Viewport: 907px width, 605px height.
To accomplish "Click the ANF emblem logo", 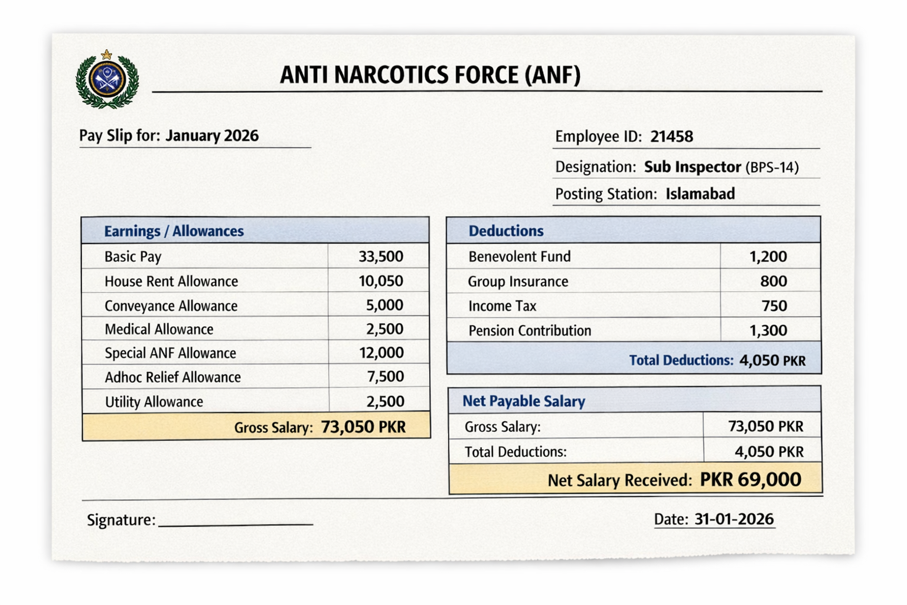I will tap(107, 80).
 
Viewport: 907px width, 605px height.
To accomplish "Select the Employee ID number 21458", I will tap(671, 136).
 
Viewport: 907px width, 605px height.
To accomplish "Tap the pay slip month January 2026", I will tap(211, 135).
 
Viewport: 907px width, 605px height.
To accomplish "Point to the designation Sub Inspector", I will tap(692, 167).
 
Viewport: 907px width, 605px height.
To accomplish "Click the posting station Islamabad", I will tap(700, 194).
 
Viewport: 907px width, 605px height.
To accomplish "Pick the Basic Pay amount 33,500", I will tap(381, 256).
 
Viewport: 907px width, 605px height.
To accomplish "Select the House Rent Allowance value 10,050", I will tap(381, 281).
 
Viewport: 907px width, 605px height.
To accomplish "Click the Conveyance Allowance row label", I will tap(171, 305).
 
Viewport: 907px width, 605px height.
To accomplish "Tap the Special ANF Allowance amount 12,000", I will tap(381, 353).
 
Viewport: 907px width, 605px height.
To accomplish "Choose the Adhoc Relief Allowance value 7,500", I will tap(385, 377).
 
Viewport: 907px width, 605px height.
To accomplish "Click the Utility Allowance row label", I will tap(154, 402).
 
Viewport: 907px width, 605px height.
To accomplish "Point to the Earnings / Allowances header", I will tap(174, 231).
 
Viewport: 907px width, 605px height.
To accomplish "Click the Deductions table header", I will tap(505, 231).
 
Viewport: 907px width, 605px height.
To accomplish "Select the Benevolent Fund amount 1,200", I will tap(768, 256).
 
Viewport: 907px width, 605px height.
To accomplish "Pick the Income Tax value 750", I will tap(774, 305).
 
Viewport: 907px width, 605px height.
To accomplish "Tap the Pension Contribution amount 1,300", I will tap(768, 330).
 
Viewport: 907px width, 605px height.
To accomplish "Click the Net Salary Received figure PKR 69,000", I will tap(750, 479).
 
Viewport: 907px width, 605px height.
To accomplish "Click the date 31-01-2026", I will tap(733, 519).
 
